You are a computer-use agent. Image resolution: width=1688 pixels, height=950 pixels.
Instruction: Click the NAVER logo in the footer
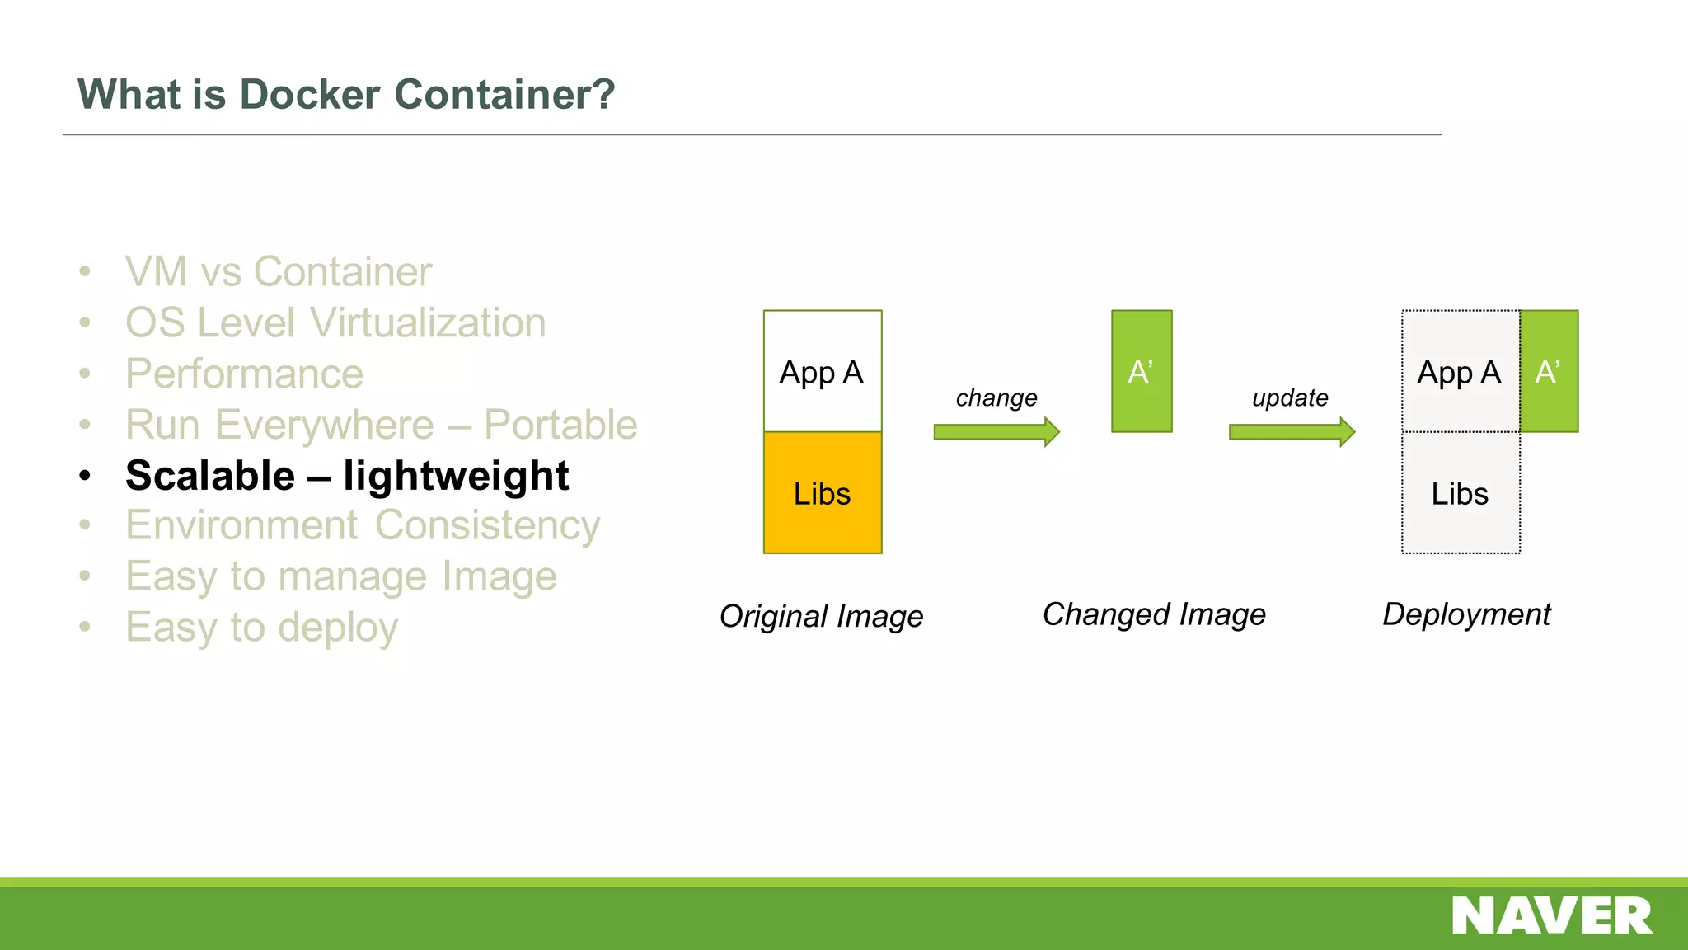(1551, 915)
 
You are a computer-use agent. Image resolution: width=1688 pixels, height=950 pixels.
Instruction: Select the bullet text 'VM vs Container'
(279, 272)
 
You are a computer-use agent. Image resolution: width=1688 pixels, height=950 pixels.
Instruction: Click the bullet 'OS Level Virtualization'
(335, 323)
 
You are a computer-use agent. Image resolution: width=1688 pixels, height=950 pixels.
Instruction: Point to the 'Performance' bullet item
(245, 374)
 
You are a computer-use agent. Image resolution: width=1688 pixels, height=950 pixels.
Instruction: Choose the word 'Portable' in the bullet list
(560, 426)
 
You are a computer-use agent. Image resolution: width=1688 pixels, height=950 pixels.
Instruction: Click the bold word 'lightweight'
(456, 476)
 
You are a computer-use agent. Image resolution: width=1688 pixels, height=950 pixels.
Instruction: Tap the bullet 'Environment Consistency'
(363, 526)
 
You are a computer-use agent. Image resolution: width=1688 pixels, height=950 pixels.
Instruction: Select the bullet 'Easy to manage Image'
(341, 576)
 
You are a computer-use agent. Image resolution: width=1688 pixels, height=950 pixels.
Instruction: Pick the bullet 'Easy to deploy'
(261, 628)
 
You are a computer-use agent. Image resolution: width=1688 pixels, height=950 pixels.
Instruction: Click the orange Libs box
(823, 493)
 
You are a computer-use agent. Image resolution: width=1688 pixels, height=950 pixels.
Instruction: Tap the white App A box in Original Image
(823, 372)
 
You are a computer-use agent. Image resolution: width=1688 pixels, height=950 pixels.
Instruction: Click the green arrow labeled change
(996, 431)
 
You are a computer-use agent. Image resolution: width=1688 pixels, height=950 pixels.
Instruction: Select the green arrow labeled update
(1292, 431)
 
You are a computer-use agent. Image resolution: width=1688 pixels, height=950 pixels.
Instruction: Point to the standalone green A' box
(1142, 371)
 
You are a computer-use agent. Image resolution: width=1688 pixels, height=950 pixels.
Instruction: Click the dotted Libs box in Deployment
(1461, 493)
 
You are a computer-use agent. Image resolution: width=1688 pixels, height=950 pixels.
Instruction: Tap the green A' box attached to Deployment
(1549, 371)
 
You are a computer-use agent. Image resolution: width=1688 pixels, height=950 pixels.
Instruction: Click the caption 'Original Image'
(821, 616)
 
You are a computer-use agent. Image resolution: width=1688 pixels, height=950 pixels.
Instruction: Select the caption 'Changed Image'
(1154, 614)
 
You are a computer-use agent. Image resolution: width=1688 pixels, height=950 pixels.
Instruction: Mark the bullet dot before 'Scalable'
(85, 476)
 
